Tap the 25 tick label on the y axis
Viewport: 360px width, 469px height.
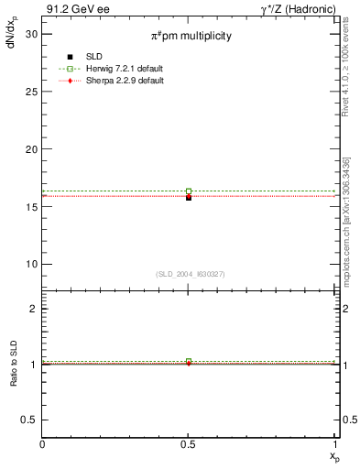coord(30,92)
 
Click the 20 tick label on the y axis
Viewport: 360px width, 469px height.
coord(30,149)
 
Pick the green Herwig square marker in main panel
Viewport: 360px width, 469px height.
coord(189,191)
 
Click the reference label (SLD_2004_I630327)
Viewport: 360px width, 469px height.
coord(190,274)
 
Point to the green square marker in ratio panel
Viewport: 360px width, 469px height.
coord(189,362)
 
